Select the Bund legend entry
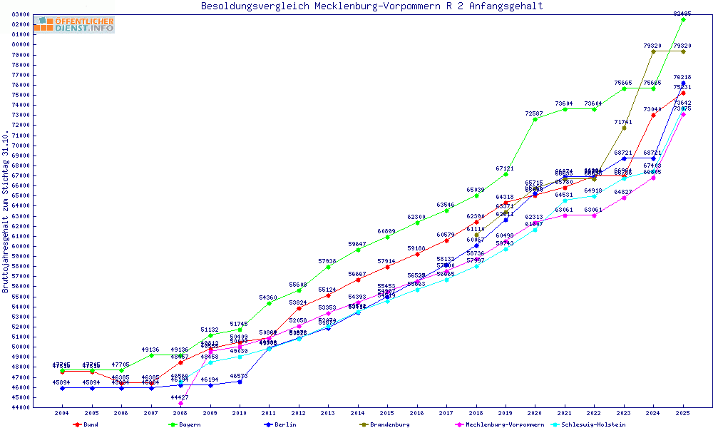[85, 424]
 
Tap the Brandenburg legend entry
[384, 424]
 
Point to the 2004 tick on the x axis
[62, 413]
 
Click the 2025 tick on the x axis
[683, 413]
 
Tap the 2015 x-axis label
[387, 413]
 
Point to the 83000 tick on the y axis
[20, 14]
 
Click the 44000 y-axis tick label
[20, 407]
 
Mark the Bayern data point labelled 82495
[683, 19]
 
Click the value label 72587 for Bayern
[535, 113]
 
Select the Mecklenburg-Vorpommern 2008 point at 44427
[180, 403]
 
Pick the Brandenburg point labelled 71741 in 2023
[624, 128]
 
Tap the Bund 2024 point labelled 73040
[653, 115]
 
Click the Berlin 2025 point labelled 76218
[683, 83]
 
